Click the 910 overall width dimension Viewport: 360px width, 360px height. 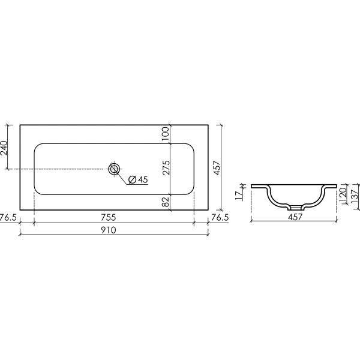pyautogui.click(x=109, y=230)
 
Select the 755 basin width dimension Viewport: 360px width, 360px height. pyautogui.click(x=109, y=217)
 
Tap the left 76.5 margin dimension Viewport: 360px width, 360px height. pyautogui.click(x=8, y=217)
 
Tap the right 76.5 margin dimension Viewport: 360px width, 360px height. pyautogui.click(x=220, y=217)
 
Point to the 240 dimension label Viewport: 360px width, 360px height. pyautogui.click(x=4, y=148)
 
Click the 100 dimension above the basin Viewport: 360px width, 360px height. pyautogui.click(x=166, y=134)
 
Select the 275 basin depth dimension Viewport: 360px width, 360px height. pyautogui.click(x=166, y=167)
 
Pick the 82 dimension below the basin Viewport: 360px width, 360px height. pyautogui.click(x=166, y=202)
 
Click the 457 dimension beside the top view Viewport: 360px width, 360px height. pyautogui.click(x=217, y=168)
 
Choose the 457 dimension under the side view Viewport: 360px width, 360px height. pyautogui.click(x=295, y=217)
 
